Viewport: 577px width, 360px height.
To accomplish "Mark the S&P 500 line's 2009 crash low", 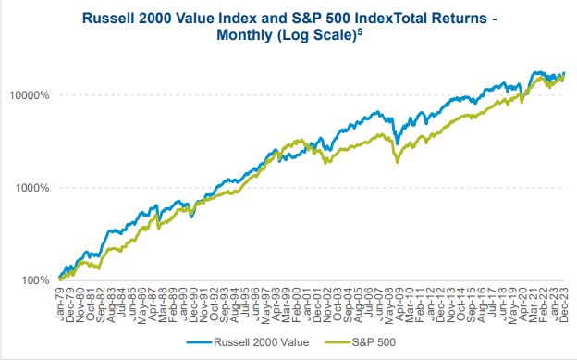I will click(x=398, y=162).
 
